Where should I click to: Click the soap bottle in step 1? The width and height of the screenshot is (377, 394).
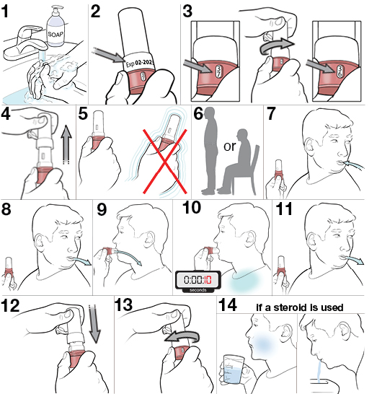click(56, 27)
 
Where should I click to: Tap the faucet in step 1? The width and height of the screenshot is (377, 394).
click(25, 43)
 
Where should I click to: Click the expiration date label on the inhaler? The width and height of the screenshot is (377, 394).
click(138, 62)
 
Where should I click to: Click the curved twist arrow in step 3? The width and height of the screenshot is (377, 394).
click(276, 45)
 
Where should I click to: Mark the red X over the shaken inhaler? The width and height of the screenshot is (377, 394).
click(165, 162)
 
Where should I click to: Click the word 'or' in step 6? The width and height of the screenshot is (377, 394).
click(230, 146)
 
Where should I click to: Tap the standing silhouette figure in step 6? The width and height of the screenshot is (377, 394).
click(210, 151)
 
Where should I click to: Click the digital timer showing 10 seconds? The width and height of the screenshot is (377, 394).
click(198, 281)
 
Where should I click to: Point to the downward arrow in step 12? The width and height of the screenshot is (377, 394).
click(94, 323)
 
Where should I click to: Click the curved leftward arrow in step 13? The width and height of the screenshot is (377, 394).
click(182, 337)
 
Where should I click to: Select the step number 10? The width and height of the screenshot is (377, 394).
click(192, 208)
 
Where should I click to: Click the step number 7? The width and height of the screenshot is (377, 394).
click(271, 113)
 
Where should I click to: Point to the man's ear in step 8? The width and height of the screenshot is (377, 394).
click(40, 242)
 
